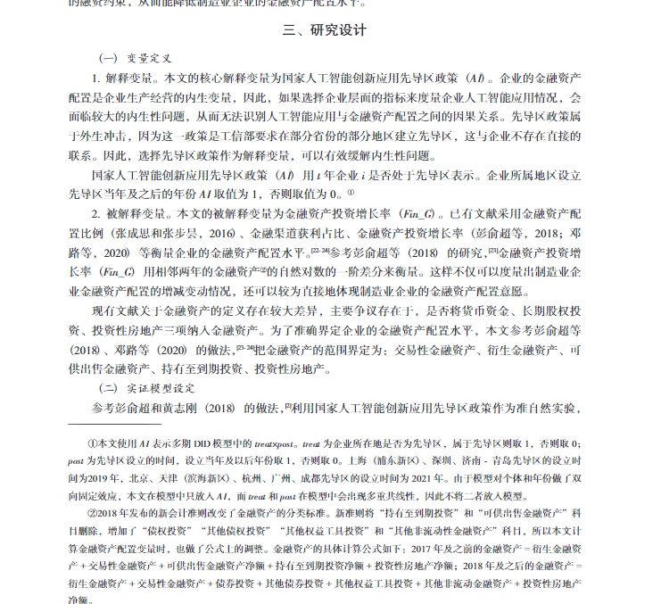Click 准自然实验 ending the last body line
click(x=550, y=408)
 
